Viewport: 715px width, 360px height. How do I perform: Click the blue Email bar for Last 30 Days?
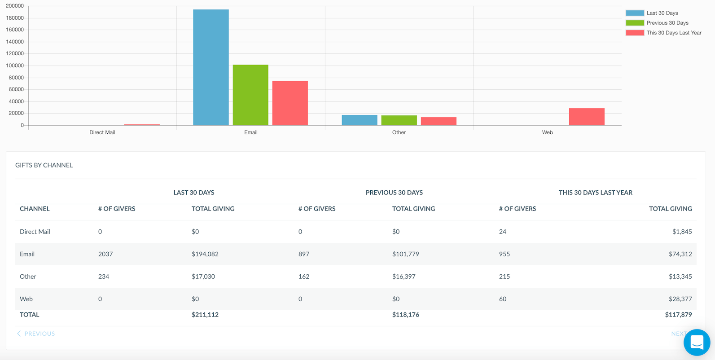[211, 67]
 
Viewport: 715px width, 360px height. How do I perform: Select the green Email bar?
[250, 95]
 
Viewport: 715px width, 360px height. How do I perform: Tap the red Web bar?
[587, 117]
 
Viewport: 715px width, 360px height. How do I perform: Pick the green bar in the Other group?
[399, 120]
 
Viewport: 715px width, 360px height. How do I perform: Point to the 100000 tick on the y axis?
[15, 66]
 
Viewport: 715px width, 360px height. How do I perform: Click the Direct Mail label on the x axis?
[102, 132]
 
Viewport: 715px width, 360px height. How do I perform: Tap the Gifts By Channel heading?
[44, 165]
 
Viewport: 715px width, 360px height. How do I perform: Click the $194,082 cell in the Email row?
[205, 254]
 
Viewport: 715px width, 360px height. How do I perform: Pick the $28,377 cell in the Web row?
[680, 299]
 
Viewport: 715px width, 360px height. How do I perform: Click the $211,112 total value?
[205, 315]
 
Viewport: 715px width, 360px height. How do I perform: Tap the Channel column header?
[35, 209]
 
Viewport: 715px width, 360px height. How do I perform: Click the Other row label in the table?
[28, 277]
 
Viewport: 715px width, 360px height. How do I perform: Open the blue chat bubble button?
[697, 342]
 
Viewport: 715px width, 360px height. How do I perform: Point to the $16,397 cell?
[404, 277]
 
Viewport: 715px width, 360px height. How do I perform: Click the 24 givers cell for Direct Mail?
[503, 232]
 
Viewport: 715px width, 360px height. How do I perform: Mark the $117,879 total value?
[678, 315]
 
